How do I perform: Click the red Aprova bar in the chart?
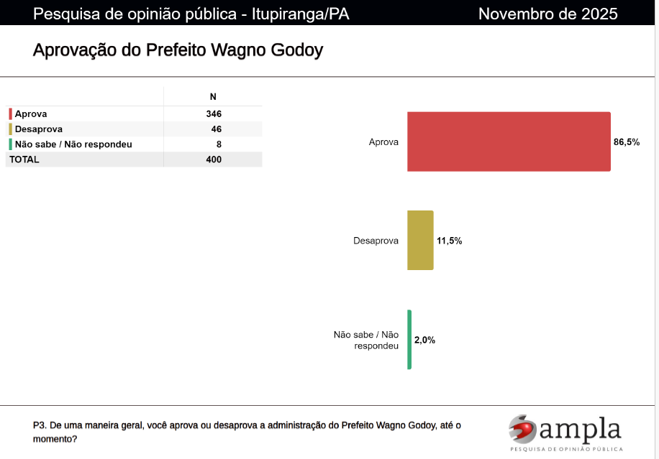(509, 142)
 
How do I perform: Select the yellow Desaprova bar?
(420, 240)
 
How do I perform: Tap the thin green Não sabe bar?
(409, 339)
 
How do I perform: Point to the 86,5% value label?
(627, 142)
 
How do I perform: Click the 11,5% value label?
(450, 241)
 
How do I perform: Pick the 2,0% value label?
(424, 340)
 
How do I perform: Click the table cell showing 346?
(213, 114)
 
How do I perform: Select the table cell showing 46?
(216, 129)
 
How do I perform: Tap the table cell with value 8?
(219, 144)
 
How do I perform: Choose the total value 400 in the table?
(213, 159)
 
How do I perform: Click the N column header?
(213, 97)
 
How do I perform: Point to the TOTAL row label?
(24, 159)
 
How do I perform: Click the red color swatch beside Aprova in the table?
(11, 114)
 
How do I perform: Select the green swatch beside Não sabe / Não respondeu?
(11, 144)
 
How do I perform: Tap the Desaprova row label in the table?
(38, 129)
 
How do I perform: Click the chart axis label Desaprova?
(376, 241)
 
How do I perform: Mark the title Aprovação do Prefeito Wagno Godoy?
(178, 50)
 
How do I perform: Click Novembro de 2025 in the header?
(547, 14)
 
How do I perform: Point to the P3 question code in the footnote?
(40, 425)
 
